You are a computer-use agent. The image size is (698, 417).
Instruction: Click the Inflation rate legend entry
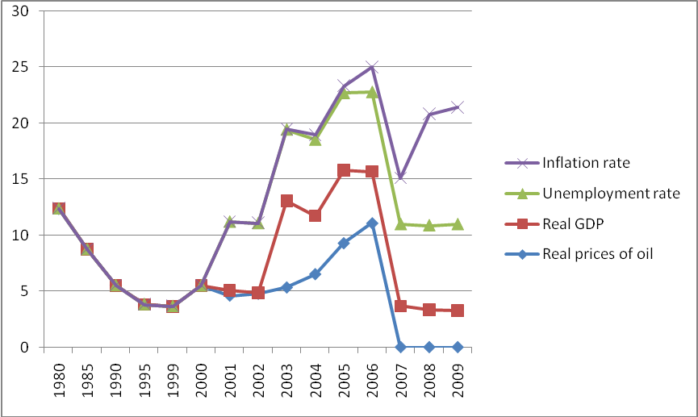click(x=585, y=163)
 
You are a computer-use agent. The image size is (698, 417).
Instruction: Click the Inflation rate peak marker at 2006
click(x=372, y=67)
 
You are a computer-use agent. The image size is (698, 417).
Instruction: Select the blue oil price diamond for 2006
click(x=372, y=223)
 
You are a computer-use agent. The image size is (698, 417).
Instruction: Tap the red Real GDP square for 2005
click(x=344, y=170)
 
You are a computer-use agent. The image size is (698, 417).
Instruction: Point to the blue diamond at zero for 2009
click(x=458, y=347)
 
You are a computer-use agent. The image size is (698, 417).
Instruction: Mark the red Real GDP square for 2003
click(x=286, y=201)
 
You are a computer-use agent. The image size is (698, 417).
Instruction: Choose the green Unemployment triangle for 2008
click(x=429, y=225)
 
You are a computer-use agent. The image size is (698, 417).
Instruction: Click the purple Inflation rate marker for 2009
click(x=458, y=107)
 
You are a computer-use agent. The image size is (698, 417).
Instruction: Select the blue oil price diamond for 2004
click(x=315, y=274)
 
